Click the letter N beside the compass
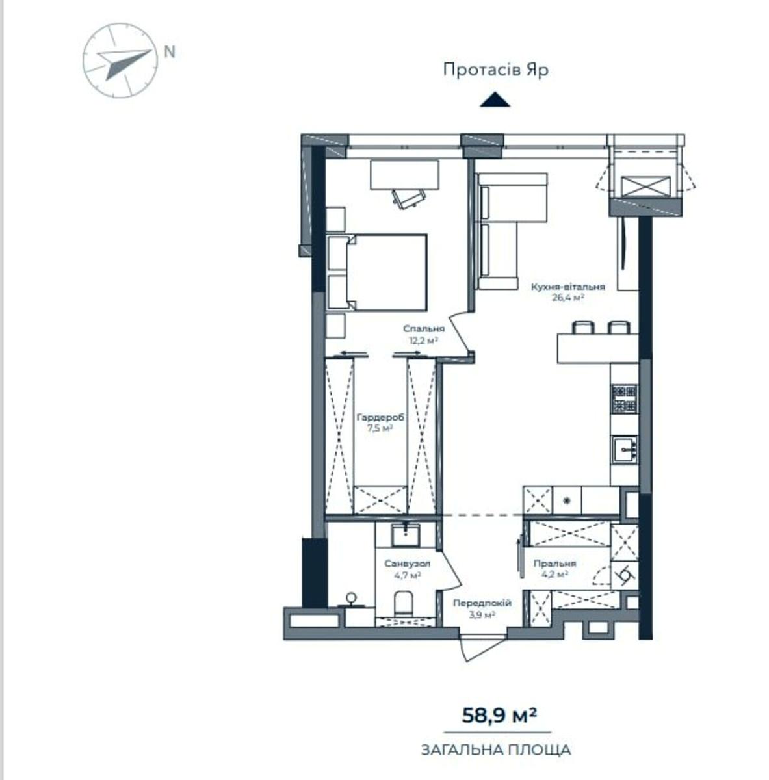click(170, 52)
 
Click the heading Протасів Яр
click(496, 70)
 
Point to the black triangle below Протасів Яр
click(495, 99)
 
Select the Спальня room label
click(424, 329)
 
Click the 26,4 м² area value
click(567, 298)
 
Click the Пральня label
click(554, 564)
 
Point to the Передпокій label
click(482, 603)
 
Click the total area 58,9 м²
click(499, 716)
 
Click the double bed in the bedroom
click(378, 272)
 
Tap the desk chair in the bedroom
click(409, 199)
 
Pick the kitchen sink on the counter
click(625, 448)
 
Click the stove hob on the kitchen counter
click(625, 398)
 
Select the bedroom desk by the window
click(404, 174)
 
